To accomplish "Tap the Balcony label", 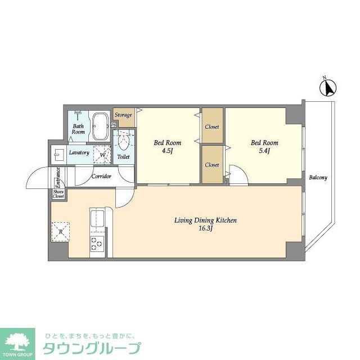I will click(x=318, y=178).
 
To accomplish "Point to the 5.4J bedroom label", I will click(x=264, y=147).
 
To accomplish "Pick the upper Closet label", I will click(x=212, y=127).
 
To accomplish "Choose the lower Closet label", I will click(x=212, y=165).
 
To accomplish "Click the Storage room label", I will click(x=124, y=115).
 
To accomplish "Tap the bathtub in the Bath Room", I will click(x=101, y=127).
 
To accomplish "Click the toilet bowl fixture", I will click(x=124, y=141).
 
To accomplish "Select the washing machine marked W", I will click(x=102, y=153).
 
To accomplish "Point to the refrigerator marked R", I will click(x=60, y=230).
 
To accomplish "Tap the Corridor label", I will click(x=101, y=176).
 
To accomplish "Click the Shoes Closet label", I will click(x=58, y=195).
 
